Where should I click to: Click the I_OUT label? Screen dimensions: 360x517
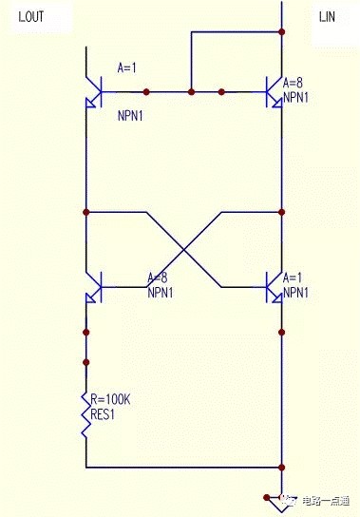(31, 16)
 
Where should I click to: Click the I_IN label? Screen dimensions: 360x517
(327, 16)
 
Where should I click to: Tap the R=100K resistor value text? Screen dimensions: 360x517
(110, 399)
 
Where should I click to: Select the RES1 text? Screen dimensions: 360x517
(103, 414)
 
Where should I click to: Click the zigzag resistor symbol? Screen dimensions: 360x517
(86, 415)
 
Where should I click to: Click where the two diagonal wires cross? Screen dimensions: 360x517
(183, 250)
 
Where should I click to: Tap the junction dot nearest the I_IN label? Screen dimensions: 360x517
(281, 31)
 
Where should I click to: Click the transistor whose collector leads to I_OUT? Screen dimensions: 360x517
(94, 92)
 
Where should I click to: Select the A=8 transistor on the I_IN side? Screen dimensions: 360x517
(275, 92)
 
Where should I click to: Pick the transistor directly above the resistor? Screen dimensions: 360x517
(94, 287)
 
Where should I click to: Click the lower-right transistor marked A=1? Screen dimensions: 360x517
(275, 287)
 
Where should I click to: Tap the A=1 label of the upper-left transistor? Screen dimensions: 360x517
(127, 68)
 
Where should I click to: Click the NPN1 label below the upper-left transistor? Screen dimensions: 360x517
(130, 116)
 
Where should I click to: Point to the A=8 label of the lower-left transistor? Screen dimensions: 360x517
(158, 278)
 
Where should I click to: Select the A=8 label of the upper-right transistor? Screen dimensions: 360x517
(293, 83)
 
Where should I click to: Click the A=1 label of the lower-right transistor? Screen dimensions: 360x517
(293, 278)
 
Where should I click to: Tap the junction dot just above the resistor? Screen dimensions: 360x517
(86, 362)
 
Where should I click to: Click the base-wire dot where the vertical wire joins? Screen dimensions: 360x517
(191, 91)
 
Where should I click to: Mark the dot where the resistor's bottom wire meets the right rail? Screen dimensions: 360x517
(281, 468)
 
